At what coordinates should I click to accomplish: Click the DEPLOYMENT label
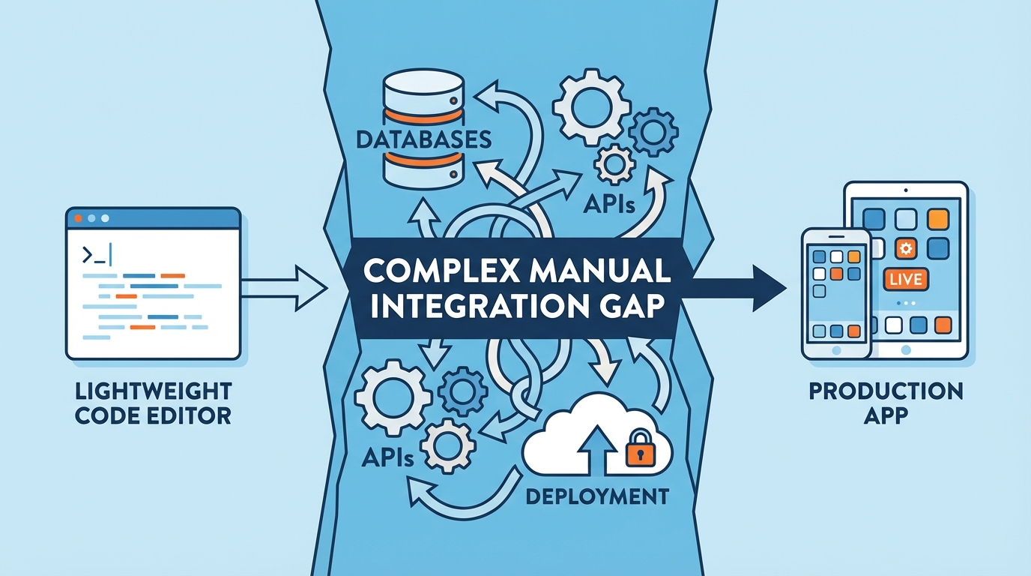(x=597, y=496)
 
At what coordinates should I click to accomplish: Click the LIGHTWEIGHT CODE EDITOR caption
(x=153, y=403)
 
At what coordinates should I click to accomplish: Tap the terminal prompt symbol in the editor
(x=97, y=256)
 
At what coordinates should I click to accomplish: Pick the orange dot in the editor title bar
(x=78, y=218)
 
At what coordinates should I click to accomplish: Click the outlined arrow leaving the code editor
(x=285, y=287)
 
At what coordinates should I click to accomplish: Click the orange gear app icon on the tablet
(x=906, y=249)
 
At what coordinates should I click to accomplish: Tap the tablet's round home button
(x=907, y=350)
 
